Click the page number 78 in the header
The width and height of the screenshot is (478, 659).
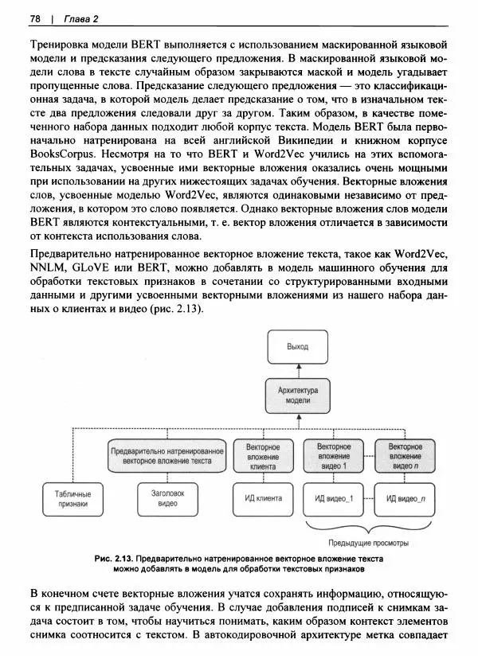coord(35,18)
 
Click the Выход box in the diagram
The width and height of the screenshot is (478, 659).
coord(297,348)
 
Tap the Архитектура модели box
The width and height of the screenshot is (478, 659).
coord(297,396)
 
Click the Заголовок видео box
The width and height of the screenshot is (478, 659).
coord(167,499)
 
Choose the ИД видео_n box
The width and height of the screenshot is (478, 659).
coord(406,499)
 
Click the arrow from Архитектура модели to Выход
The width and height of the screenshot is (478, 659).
coord(297,370)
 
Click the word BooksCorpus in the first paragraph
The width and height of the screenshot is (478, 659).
coord(60,154)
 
